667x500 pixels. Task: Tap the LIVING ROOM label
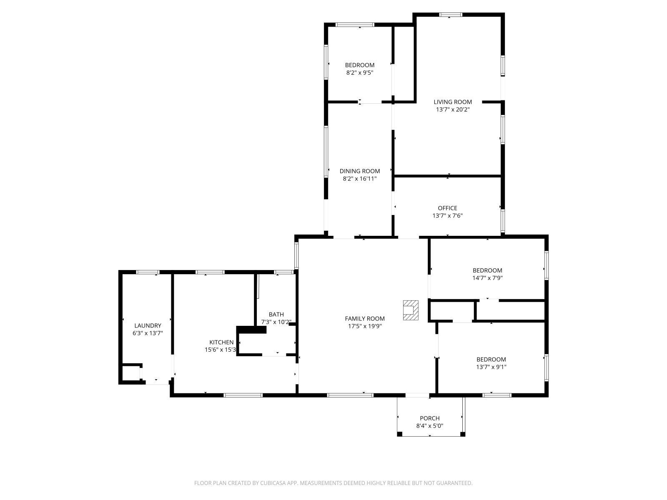coord(453,102)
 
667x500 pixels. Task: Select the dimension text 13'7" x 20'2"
coord(453,110)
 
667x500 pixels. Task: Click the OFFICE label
coord(447,208)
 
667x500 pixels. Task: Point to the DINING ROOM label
coord(359,171)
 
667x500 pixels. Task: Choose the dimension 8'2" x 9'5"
coord(359,72)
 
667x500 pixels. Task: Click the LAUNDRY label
coord(148,325)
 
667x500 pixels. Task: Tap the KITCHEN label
coord(221,342)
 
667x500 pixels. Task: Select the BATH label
coord(276,314)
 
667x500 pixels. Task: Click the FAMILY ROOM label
coord(365,319)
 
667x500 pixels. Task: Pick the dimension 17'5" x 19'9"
coord(365,326)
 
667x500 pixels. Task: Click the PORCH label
coord(429,418)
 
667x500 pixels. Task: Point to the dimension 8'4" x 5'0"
coord(429,426)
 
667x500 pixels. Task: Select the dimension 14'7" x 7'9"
coord(487,278)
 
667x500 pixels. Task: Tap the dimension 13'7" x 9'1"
coord(491,367)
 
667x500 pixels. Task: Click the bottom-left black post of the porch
coord(399,434)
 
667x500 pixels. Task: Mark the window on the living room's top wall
coord(451,15)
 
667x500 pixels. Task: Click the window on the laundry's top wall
coord(148,272)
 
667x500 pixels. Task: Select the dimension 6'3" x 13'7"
coord(148,333)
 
